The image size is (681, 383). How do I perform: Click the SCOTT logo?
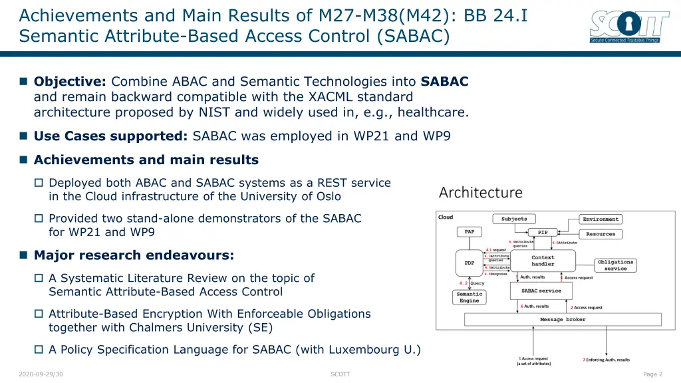click(x=629, y=27)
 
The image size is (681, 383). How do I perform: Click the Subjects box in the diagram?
click(x=514, y=219)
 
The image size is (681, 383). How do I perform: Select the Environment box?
click(x=601, y=219)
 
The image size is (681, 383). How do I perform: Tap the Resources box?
click(x=601, y=234)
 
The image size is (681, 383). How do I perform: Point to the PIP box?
click(x=543, y=232)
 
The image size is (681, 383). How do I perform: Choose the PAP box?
click(x=470, y=231)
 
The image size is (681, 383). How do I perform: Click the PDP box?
click(x=470, y=263)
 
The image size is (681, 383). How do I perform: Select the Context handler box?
click(x=543, y=261)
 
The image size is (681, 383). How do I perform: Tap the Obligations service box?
click(x=615, y=265)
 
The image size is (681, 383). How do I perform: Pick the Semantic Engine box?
click(x=470, y=297)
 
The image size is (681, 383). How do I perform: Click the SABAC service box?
click(x=541, y=291)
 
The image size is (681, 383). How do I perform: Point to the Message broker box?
click(x=563, y=320)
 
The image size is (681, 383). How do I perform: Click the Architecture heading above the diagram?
click(x=480, y=193)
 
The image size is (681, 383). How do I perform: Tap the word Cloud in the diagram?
click(x=446, y=217)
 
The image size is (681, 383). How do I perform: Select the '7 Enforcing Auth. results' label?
click(x=606, y=360)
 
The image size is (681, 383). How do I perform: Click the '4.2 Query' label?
click(x=473, y=283)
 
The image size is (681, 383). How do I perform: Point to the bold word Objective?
click(x=70, y=82)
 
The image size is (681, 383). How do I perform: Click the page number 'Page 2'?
click(x=652, y=374)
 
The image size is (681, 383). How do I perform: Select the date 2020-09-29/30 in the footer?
click(x=41, y=374)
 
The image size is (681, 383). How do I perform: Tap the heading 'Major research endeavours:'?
click(x=134, y=255)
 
